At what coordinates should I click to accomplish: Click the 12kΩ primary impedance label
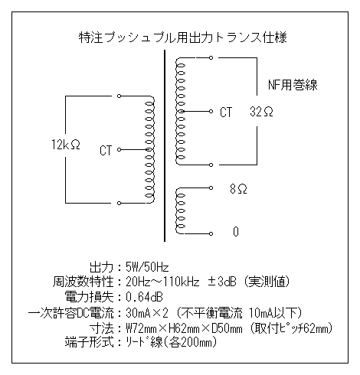click(x=66, y=145)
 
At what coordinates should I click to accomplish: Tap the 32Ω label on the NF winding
click(x=261, y=112)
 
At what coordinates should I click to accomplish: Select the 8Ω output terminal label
click(x=238, y=189)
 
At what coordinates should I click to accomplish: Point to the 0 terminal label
click(x=236, y=232)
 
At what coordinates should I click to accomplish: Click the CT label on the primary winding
click(x=106, y=150)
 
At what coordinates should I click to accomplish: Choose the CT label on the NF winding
click(x=226, y=112)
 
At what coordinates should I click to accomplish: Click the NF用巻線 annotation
click(x=293, y=85)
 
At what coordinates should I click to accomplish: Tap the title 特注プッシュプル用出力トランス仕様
click(x=183, y=37)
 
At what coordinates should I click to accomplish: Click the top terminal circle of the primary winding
click(x=119, y=96)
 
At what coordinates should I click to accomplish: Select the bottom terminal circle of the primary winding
click(x=119, y=203)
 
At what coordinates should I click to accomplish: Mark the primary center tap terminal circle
click(x=119, y=149)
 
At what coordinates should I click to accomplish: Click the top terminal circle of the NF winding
click(x=211, y=57)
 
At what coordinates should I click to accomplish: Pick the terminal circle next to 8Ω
click(x=211, y=188)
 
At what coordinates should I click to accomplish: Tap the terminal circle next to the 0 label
click(x=211, y=233)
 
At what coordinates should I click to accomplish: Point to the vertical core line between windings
click(x=165, y=145)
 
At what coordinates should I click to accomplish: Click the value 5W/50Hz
click(x=147, y=267)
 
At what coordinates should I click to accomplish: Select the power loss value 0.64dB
click(x=144, y=297)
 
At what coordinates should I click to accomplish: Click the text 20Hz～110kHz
click(x=162, y=282)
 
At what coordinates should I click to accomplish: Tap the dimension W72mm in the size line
click(x=141, y=328)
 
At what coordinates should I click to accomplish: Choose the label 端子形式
click(x=89, y=342)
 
